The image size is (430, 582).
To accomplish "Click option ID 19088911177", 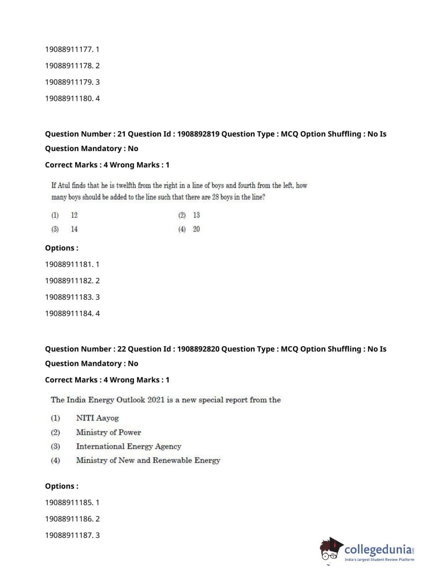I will [x=69, y=49].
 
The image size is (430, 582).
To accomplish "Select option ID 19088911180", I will [x=69, y=98].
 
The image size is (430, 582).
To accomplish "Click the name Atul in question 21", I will [x=64, y=185].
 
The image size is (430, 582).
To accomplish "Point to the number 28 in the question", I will [x=215, y=197].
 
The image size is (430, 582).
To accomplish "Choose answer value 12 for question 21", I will [x=74, y=215].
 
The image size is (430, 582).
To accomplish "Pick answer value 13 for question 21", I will [x=196, y=215].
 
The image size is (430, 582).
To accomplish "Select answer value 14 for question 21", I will [x=74, y=229].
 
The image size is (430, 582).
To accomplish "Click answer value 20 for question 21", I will [x=196, y=229].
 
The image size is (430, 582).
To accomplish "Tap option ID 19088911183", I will [x=69, y=297].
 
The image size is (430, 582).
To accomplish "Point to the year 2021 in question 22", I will [x=156, y=400].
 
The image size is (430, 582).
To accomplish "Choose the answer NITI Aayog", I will [x=97, y=418].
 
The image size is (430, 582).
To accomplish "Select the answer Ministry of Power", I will [x=108, y=432].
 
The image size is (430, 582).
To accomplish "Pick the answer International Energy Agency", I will [x=128, y=446].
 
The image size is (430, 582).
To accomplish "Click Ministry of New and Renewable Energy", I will [x=148, y=461].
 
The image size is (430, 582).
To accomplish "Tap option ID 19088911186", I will [x=69, y=519].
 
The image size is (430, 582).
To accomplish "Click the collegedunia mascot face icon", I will [x=330, y=550].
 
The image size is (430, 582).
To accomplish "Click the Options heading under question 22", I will [x=61, y=486].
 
